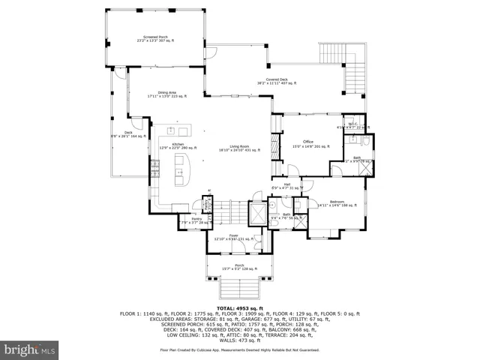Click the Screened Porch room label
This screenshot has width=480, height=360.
pyautogui.click(x=156, y=37)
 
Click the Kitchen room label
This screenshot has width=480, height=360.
pyautogui.click(x=178, y=145)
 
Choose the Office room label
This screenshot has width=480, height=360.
pyautogui.click(x=307, y=142)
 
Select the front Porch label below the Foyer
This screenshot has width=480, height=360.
pyautogui.click(x=238, y=267)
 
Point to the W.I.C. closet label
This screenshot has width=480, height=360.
pyautogui.click(x=352, y=125)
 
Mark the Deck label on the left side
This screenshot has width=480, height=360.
pyautogui.click(x=128, y=134)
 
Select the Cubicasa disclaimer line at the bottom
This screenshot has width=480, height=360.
pyautogui.click(x=239, y=349)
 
